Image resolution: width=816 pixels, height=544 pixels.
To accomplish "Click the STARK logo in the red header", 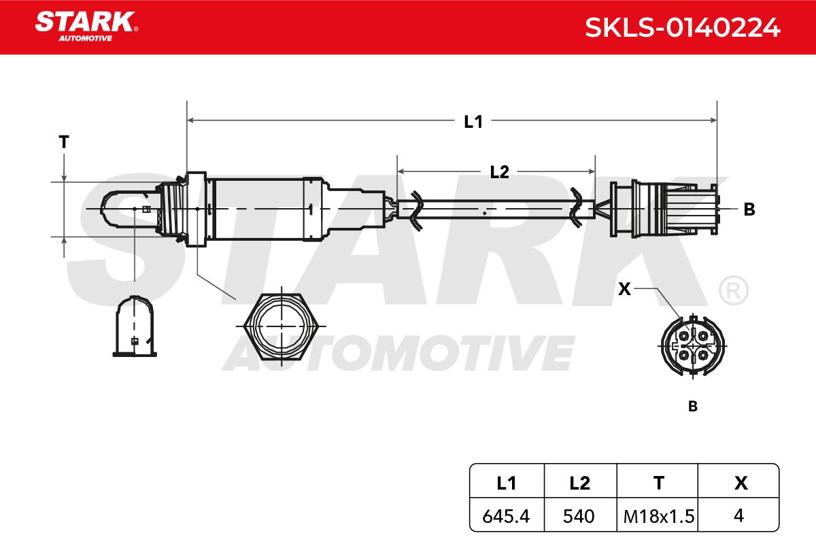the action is click(86, 26).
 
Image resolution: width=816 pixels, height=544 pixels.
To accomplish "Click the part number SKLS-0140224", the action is click(682, 28).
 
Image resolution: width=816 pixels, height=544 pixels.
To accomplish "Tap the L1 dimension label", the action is click(473, 122).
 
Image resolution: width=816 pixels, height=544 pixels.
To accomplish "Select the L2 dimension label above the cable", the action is click(499, 172).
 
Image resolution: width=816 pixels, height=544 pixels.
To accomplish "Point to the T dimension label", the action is click(64, 141).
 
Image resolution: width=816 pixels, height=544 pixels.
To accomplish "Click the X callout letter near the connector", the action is click(624, 289).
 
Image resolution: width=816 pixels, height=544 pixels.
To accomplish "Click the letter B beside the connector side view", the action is click(749, 209).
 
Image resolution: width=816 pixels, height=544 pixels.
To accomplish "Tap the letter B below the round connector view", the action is click(692, 406).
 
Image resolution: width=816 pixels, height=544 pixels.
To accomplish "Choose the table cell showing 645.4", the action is click(506, 516).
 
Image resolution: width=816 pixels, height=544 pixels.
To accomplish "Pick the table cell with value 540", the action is click(579, 516).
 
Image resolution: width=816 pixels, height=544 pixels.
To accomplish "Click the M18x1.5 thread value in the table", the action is click(659, 516).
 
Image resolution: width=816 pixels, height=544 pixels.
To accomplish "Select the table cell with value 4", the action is click(738, 515).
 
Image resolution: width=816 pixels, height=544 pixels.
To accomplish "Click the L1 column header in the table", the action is click(507, 483).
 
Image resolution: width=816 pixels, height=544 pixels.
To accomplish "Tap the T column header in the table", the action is click(659, 483).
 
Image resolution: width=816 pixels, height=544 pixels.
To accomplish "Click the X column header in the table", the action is click(741, 483).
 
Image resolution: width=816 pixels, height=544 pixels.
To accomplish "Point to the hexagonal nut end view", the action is click(282, 326).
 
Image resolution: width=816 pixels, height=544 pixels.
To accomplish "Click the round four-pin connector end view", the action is click(692, 345).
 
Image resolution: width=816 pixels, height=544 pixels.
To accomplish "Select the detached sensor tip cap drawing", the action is click(135, 326).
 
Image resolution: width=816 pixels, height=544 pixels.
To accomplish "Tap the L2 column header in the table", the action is click(579, 483).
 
